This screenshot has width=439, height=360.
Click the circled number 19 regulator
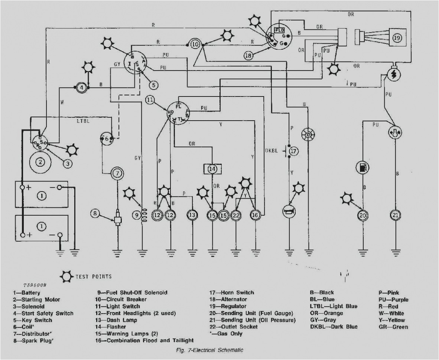click(397, 37)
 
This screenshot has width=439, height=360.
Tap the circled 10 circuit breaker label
click(195, 45)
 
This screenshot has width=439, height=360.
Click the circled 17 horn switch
click(293, 151)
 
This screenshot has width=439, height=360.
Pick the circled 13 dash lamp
click(192, 215)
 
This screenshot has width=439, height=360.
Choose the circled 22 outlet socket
click(236, 215)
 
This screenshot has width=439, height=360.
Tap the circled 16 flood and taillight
click(255, 215)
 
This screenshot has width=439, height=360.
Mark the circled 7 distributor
click(117, 173)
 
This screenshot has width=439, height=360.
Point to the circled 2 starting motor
click(40, 161)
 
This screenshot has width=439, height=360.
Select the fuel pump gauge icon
click(362, 167)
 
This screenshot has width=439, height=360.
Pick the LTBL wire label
click(82, 121)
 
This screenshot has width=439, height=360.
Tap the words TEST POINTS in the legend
click(93, 276)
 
